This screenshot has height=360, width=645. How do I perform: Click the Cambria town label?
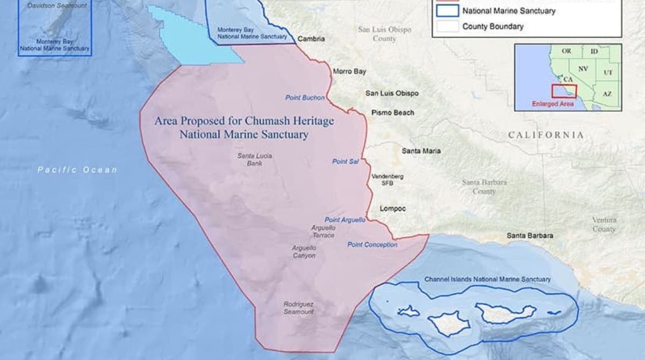(x=311, y=39)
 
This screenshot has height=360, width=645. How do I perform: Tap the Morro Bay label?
(x=349, y=71)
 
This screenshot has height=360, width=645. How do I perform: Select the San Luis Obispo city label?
(x=392, y=93)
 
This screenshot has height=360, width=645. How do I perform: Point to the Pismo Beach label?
(x=393, y=112)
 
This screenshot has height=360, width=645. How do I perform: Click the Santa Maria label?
(x=421, y=151)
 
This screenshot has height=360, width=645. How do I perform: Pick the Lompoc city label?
(x=393, y=208)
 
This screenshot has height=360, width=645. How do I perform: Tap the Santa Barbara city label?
(x=530, y=235)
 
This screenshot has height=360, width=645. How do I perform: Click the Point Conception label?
(x=372, y=244)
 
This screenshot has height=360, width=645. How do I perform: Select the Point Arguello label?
(x=345, y=220)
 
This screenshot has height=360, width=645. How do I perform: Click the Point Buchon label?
(x=305, y=98)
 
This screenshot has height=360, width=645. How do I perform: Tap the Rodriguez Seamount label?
(x=299, y=307)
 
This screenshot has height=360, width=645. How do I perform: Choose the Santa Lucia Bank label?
(x=255, y=160)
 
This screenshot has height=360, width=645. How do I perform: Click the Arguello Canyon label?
(x=304, y=252)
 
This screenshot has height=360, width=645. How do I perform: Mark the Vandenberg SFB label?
(x=388, y=179)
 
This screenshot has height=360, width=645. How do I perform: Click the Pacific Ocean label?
(x=77, y=170)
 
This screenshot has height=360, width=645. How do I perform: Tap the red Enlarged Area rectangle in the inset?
(x=564, y=91)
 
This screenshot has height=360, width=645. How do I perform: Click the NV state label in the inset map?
(x=583, y=69)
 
